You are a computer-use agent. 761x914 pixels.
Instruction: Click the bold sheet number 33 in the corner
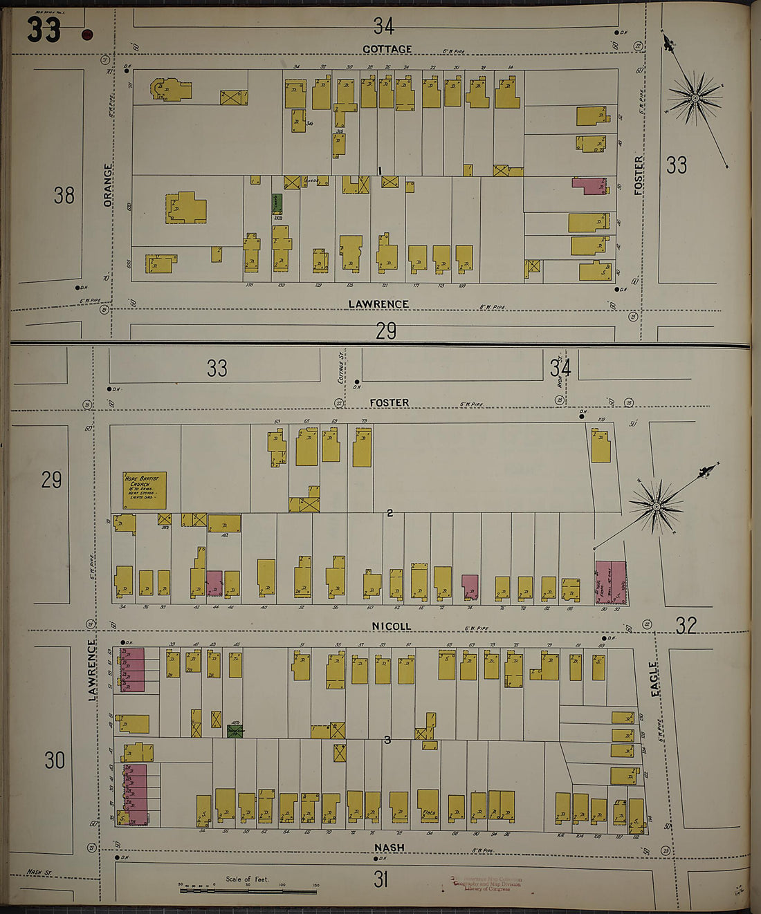tap(44, 30)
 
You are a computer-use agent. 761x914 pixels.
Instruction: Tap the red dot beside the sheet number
tap(87, 35)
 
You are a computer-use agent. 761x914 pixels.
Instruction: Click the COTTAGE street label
tap(387, 49)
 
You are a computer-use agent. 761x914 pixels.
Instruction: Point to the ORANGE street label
tap(108, 185)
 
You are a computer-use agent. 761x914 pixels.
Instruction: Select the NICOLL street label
tap(391, 626)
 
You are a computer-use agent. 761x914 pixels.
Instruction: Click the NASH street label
tap(389, 848)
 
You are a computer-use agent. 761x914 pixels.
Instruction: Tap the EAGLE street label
tap(654, 679)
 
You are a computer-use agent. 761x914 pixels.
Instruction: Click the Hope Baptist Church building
tap(144, 490)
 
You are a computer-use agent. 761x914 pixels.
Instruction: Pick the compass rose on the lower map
tap(656, 507)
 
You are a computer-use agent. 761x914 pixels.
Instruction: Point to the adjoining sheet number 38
tap(64, 196)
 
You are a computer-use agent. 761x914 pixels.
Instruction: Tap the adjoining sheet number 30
tap(55, 761)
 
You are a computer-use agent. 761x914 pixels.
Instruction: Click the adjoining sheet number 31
tap(381, 879)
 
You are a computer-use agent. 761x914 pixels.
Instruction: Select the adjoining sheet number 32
tap(686, 626)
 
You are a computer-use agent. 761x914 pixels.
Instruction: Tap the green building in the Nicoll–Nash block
tap(235, 730)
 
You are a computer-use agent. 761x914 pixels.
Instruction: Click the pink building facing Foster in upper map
tap(589, 185)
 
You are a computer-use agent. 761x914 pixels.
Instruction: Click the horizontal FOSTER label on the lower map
tap(389, 402)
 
